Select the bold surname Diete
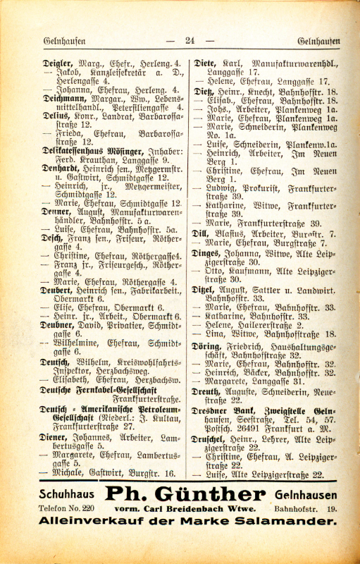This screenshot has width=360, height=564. pyautogui.click(x=204, y=63)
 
